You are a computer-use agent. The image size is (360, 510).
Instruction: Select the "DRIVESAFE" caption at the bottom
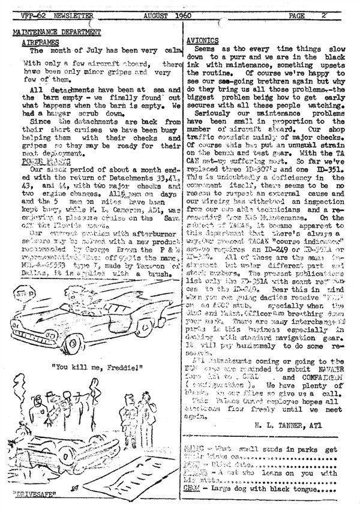point(32,496)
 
